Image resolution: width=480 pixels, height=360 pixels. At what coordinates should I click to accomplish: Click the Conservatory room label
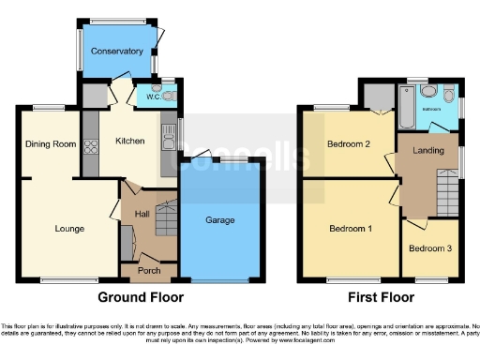[118, 52]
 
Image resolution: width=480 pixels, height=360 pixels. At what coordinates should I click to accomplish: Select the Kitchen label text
[129, 142]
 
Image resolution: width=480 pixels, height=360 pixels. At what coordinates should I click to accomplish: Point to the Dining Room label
[50, 143]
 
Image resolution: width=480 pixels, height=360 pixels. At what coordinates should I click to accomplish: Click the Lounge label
[69, 229]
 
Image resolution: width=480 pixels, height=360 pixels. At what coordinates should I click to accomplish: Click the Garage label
[220, 221]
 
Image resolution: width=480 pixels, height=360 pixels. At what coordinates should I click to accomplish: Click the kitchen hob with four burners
[92, 146]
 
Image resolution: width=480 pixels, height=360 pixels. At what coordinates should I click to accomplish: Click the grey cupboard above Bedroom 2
[379, 96]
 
